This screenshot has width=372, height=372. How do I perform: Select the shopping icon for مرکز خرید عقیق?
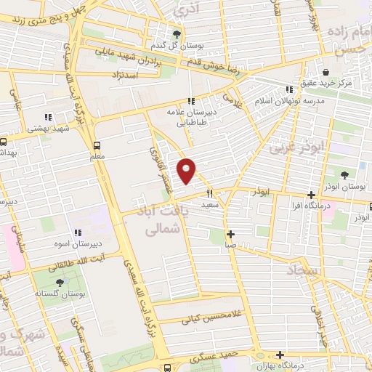tap(325, 73)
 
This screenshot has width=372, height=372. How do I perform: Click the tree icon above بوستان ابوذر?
tap(344, 175)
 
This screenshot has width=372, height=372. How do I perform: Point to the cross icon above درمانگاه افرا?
tap(310, 195)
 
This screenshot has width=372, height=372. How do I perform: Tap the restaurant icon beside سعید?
tap(209, 193)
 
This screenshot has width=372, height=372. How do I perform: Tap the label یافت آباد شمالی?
tap(163, 222)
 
